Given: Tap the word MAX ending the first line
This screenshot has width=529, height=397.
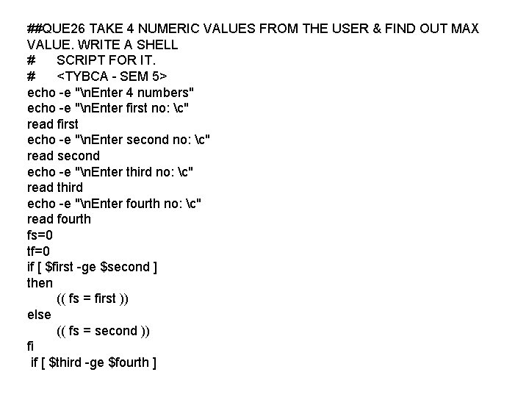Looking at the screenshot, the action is [x=464, y=29].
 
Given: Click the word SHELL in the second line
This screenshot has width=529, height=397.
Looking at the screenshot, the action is [x=158, y=44].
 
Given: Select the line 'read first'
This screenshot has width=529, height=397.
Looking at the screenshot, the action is [x=52, y=124].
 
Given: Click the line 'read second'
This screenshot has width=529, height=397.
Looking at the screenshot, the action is [x=63, y=155].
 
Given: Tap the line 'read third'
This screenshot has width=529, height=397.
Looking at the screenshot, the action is [x=55, y=187].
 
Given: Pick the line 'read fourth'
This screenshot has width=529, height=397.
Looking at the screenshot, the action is [x=59, y=218].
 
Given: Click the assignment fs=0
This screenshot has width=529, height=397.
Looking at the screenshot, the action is [x=40, y=235].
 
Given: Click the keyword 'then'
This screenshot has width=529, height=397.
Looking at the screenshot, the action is [x=40, y=282].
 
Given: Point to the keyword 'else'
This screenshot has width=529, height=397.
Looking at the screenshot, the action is [x=39, y=314].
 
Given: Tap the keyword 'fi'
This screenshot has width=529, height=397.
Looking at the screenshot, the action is [x=31, y=346].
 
